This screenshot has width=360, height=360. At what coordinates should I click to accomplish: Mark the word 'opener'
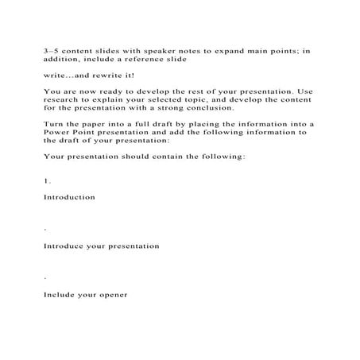110,295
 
